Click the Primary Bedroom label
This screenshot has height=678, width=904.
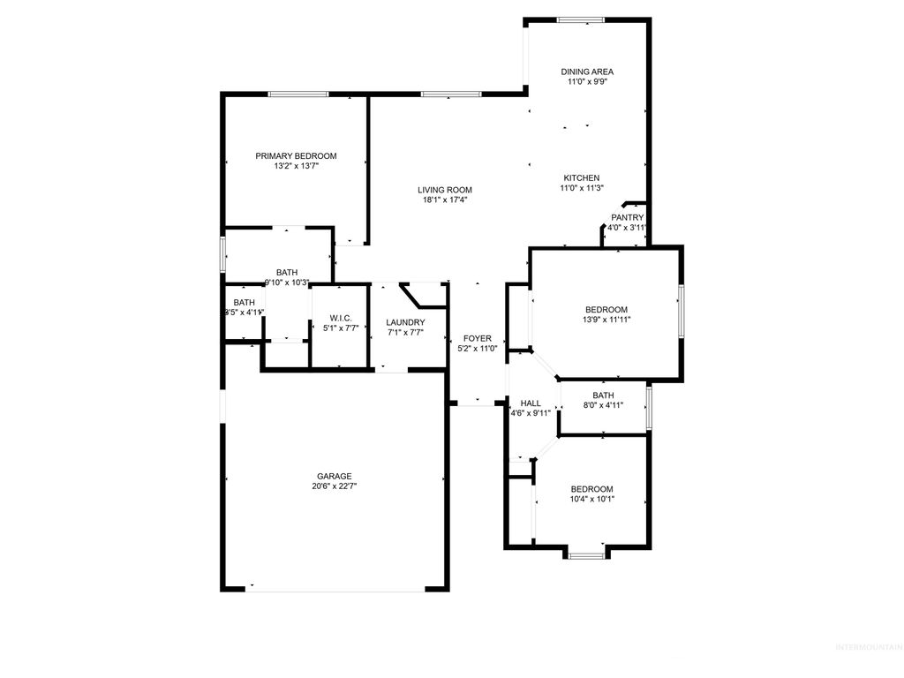tap(296, 156)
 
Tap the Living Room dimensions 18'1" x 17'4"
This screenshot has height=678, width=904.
tap(445, 200)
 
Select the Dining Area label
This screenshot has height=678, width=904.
tap(587, 72)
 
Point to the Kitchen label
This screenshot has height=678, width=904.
tap(582, 177)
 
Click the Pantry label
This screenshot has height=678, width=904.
tap(628, 217)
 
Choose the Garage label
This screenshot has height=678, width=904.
tap(334, 476)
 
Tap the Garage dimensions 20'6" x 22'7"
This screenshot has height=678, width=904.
tap(334, 486)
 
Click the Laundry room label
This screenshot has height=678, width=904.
tap(405, 322)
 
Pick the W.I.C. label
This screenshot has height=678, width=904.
tap(342, 318)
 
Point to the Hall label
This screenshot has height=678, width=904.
tap(531, 403)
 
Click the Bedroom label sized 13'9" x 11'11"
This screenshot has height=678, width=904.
tap(606, 310)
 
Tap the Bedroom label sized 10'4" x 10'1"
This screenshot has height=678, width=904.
tap(591, 489)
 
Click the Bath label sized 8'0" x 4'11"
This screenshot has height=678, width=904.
tap(603, 395)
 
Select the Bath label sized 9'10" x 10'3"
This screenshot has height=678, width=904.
tap(287, 273)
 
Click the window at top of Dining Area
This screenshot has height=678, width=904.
tap(581, 19)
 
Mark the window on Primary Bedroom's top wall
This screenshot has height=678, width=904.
tap(294, 94)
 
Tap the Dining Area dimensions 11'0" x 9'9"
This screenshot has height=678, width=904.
tap(587, 81)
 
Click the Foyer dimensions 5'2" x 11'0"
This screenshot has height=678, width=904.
tap(478, 349)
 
